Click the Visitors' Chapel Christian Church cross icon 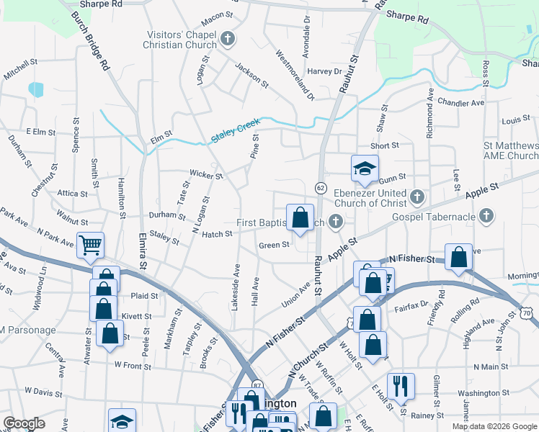[x=228, y=38]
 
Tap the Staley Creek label [x=235, y=132]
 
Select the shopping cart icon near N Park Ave [x=91, y=245]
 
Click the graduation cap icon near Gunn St [x=365, y=168]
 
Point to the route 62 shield [x=319, y=187]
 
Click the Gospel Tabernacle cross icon [x=486, y=215]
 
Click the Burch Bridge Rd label [x=90, y=41]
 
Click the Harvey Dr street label [x=324, y=71]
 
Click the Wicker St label [x=203, y=174]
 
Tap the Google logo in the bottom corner [x=24, y=424]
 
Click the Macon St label [x=219, y=14]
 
